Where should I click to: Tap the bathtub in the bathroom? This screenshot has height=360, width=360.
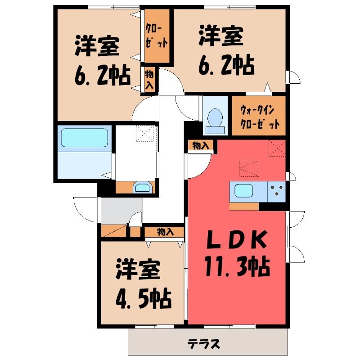(85, 138)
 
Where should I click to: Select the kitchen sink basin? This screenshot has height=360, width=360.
(243, 191)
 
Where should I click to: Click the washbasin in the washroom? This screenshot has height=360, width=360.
(143, 188)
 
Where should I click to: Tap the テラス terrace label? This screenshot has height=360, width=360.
(203, 344)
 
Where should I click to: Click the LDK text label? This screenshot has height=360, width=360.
(237, 240)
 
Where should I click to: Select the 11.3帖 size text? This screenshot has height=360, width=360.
(237, 267)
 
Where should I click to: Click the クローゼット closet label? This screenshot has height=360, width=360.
(156, 36)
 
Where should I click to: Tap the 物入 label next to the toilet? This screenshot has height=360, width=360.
(200, 145)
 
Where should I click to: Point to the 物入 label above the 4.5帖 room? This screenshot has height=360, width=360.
(166, 232)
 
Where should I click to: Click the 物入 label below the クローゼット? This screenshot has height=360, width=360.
(149, 80)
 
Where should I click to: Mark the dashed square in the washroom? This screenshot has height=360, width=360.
(145, 133)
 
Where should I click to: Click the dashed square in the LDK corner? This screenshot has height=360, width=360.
(277, 148)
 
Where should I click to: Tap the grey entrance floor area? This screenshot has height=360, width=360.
(121, 210)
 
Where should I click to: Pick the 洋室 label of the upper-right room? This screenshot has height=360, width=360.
(221, 36)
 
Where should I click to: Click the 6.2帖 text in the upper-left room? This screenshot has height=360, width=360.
(103, 76)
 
